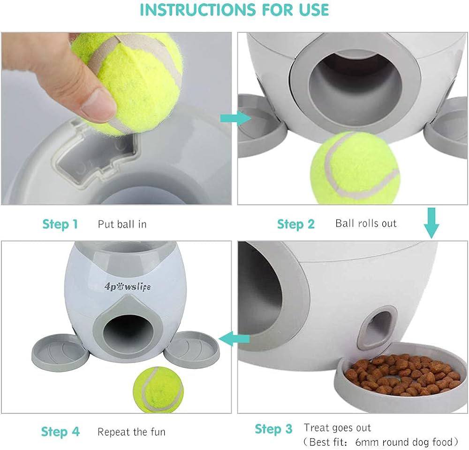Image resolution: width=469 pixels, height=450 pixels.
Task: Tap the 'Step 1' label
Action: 60,224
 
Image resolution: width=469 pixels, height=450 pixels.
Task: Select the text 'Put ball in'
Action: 122,224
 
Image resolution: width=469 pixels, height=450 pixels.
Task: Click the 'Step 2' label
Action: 296,224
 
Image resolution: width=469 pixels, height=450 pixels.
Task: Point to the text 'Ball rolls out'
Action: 366,223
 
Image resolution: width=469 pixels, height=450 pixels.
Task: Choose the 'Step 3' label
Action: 273,429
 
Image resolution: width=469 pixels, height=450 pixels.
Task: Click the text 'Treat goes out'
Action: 337,428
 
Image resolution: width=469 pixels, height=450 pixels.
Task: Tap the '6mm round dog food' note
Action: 404,442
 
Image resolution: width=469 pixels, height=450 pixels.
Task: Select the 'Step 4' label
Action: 61,432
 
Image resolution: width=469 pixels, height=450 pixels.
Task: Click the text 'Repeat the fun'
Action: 131,432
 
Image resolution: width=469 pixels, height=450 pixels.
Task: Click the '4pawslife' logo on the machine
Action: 128,287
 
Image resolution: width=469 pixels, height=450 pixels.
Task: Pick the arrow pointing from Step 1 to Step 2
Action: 236,119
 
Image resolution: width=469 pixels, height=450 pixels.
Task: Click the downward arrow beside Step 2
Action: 431,223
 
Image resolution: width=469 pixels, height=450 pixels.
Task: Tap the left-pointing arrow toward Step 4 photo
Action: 234,339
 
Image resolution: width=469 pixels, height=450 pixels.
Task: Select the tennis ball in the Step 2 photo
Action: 355,168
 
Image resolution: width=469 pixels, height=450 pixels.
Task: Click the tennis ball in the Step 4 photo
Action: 158,389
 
